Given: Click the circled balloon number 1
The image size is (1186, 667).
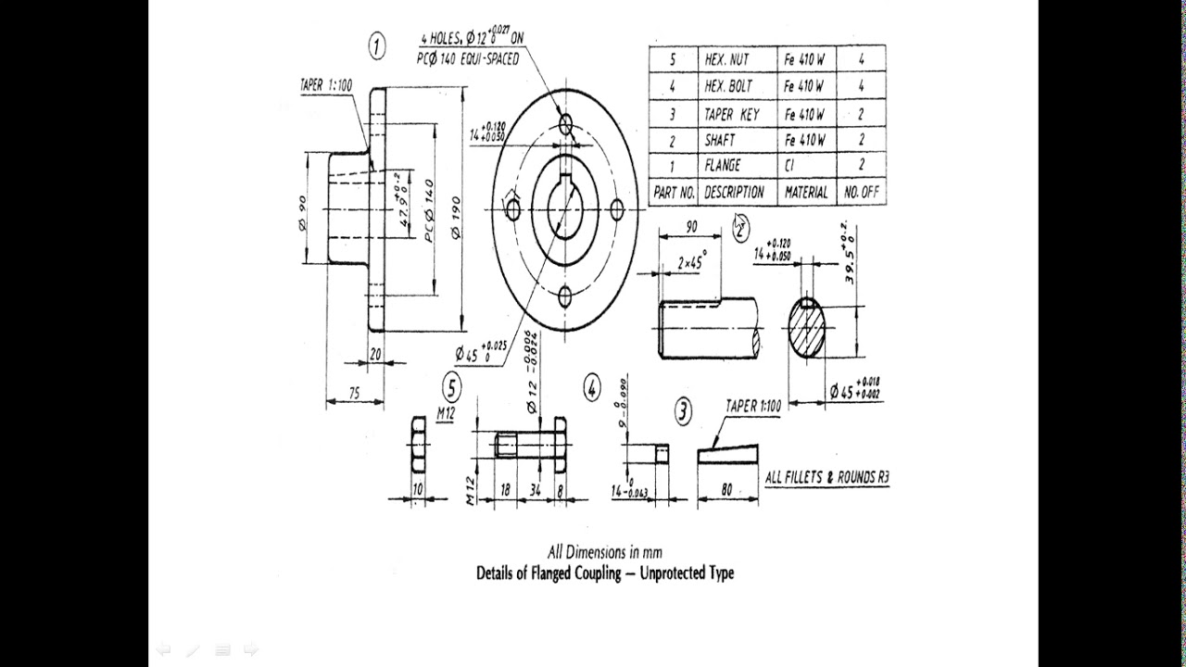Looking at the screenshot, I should coord(377,46).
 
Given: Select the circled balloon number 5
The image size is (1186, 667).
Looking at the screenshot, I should coord(451,386).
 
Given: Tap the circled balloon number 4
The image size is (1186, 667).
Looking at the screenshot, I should coord(592,388).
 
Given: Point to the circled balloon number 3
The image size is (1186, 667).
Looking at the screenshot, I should coord(682,411).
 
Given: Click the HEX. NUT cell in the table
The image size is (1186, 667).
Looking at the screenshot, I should coord(727,59).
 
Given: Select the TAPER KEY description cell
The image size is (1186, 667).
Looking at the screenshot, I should coord(732,114).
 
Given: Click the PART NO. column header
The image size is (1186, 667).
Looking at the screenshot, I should coord(674,193).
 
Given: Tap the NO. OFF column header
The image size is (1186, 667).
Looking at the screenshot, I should coord(861,193).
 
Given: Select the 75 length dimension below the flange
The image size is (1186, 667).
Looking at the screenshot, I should coord(355,393).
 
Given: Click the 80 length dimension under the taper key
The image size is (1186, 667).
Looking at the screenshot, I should coord(726,489).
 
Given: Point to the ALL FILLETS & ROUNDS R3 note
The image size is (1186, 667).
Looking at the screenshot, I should coord(826,478).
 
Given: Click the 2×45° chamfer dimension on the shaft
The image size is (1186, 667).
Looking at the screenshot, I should coord(691,263).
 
